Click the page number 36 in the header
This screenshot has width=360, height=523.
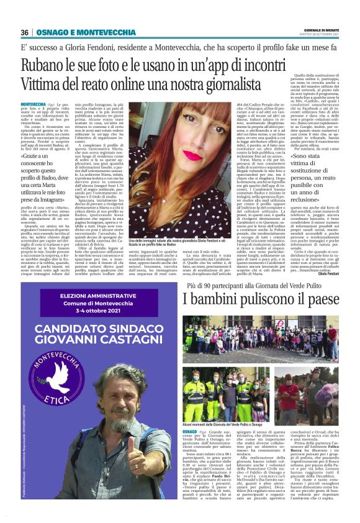25,32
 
